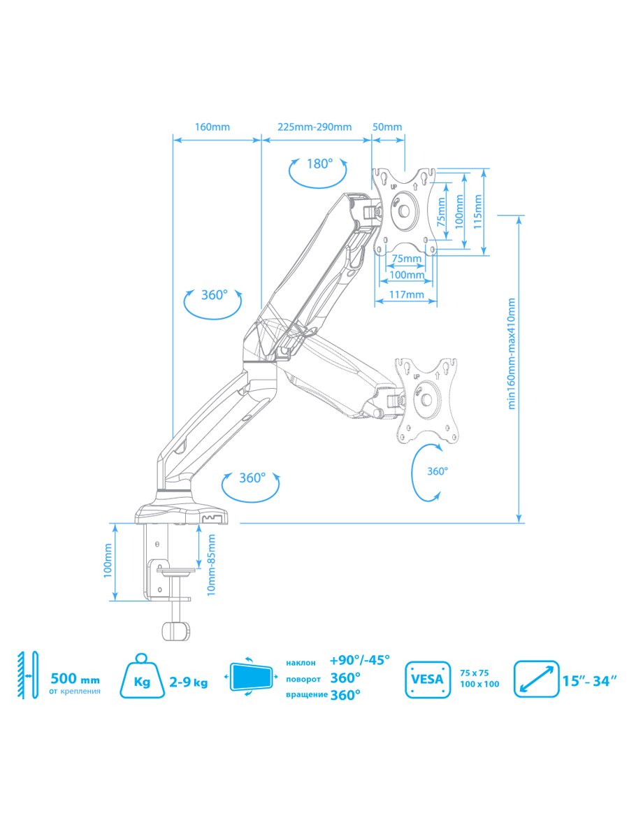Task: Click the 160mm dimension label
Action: (212, 127)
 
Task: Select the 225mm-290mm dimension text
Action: (314, 127)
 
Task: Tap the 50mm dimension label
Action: (387, 127)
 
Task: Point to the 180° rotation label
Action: (319, 164)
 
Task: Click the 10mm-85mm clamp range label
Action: (211, 564)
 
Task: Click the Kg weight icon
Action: (144, 676)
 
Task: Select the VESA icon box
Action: (428, 678)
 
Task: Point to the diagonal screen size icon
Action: (536, 678)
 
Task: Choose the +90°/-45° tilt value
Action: (359, 660)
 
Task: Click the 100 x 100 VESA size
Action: (479, 684)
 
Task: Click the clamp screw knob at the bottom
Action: (176, 631)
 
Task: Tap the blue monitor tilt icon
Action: (252, 677)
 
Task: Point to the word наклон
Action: (301, 661)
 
